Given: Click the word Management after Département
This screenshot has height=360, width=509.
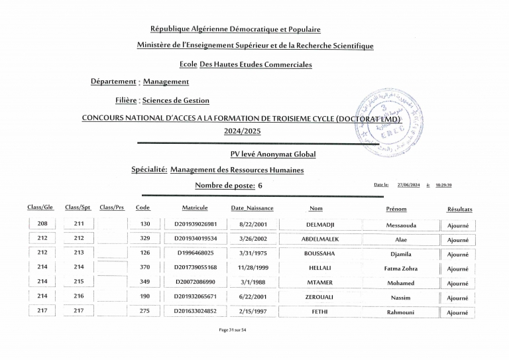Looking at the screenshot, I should click(166, 82).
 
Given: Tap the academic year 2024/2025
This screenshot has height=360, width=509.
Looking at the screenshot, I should click(243, 131).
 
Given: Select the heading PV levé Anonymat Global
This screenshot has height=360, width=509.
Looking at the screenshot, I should click(273, 154).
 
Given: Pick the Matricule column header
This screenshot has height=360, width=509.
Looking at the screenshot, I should click(195, 208).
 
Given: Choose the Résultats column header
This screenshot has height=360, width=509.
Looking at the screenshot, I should click(459, 209).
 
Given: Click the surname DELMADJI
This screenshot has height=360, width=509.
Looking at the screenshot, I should click(315, 225).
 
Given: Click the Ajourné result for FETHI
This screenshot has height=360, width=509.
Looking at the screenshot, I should click(457, 313).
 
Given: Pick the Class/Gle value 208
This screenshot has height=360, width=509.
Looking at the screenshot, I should click(42, 225).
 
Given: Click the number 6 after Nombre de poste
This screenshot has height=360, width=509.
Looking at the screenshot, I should click(260, 186).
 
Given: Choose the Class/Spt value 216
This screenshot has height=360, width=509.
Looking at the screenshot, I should click(79, 296).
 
